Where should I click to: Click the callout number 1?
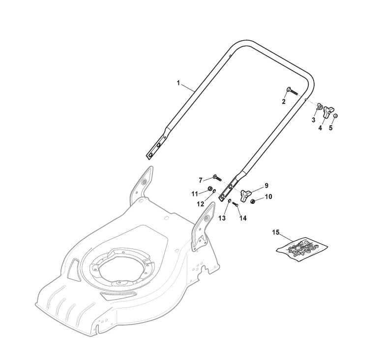[x=178, y=83]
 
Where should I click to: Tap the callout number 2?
[x=284, y=102]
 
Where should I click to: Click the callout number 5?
[x=330, y=128]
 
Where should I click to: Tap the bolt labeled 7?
[x=217, y=177]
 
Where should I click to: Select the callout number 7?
[x=201, y=180]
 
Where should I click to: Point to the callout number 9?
[x=266, y=185]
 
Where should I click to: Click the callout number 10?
[x=268, y=197]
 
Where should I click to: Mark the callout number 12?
[x=201, y=203]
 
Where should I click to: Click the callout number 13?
[x=222, y=218]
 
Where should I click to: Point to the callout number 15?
[x=276, y=231]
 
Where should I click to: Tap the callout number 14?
[x=242, y=218]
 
